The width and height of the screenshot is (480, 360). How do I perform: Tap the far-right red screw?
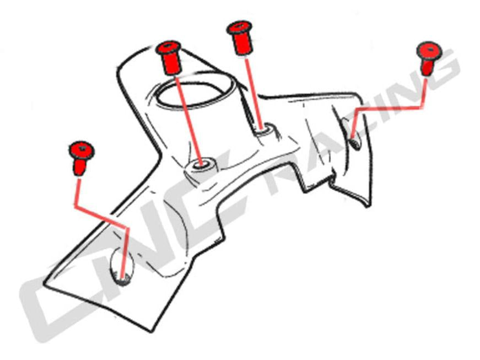tap(428, 57)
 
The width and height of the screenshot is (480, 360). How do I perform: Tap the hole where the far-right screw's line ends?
tap(354, 142)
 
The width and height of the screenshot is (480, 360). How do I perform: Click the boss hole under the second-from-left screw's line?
tap(202, 165)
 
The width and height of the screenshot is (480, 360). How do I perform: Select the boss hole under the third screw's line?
tap(267, 130)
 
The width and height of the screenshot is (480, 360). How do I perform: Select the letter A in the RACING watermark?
tap(320, 149)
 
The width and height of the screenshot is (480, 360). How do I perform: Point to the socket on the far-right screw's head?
tap(429, 51)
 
